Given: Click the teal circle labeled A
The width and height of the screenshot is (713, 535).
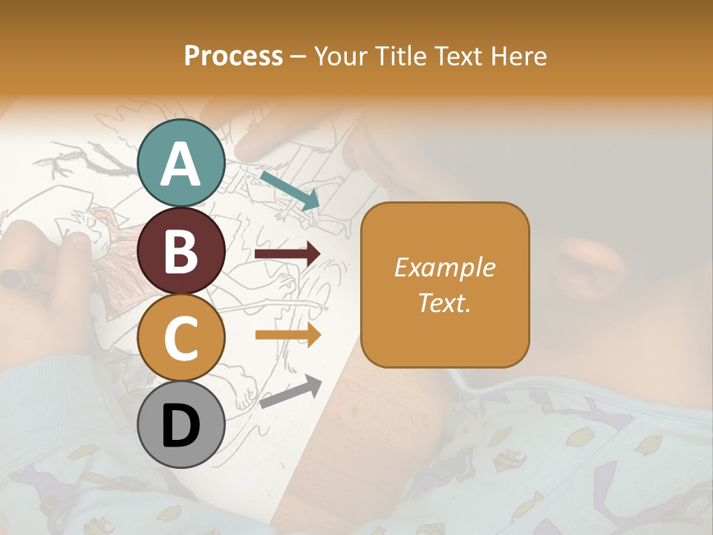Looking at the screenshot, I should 181,163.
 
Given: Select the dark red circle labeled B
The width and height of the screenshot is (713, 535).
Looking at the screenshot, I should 181,250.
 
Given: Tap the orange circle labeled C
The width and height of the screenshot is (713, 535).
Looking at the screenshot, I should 181,337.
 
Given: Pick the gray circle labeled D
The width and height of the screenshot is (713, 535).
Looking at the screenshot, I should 181,424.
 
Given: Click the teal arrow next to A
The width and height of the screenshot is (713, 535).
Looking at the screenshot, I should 289,189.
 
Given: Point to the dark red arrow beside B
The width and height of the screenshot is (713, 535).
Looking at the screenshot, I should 287,254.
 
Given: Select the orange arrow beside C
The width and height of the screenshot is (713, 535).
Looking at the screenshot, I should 287,334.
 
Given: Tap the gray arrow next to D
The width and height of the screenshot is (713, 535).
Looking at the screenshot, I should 290,391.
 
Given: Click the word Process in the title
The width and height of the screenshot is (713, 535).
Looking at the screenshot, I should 233,56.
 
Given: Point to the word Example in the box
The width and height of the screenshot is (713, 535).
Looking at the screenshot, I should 444,267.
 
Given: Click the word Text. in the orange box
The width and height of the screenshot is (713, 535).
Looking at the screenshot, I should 444,302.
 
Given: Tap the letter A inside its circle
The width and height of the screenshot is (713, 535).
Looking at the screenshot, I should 181,164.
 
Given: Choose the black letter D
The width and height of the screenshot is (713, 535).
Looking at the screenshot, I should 181,426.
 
